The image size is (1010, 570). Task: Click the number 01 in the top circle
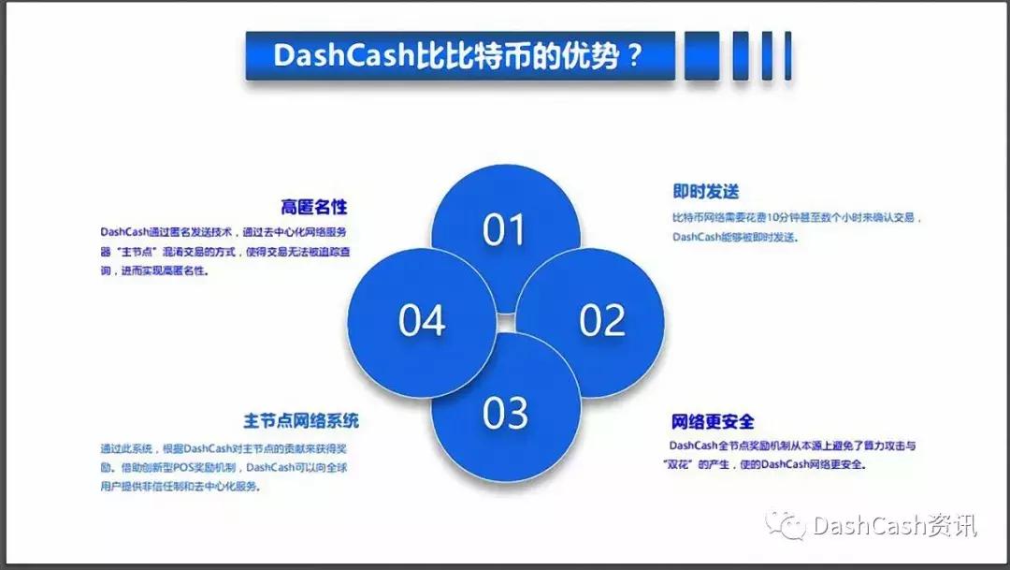504,229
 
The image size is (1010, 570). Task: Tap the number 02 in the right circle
602,320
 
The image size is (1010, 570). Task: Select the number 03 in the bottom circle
506,413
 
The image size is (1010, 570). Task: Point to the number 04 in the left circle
422,320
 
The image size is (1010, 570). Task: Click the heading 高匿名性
313,207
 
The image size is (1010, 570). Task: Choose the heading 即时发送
706,192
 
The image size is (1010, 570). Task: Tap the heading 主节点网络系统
301,421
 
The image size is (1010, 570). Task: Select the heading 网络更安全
713,422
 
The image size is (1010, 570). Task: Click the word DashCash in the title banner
343,55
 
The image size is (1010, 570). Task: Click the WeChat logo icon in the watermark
786,525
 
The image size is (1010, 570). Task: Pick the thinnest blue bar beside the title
787,55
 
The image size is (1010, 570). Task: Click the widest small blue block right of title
701,55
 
